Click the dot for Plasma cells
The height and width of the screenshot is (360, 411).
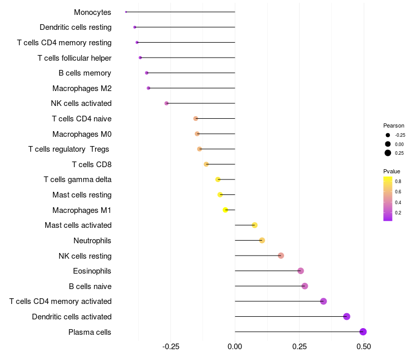[363, 332]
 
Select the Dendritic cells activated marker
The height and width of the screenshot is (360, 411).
[347, 316]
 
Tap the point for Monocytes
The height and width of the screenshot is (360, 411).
[126, 12]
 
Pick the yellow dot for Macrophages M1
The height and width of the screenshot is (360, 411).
[225, 210]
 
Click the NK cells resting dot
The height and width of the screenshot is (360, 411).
[281, 256]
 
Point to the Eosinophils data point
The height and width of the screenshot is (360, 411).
[301, 271]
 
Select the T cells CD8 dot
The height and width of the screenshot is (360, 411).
[206, 165]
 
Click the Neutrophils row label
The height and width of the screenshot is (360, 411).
[92, 240]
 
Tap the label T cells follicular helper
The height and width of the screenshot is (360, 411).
[74, 58]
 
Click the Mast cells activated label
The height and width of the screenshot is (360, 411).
[78, 225]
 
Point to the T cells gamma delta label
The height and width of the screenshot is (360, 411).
[78, 179]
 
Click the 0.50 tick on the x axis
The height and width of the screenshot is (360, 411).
[364, 347]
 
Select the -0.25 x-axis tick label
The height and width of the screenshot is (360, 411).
[171, 347]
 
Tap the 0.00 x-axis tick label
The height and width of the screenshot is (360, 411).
[235, 347]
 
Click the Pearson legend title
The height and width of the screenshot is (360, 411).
[394, 125]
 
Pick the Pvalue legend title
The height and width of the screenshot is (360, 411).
[391, 171]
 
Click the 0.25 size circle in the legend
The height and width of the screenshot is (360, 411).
[388, 153]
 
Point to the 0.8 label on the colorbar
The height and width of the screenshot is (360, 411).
[398, 182]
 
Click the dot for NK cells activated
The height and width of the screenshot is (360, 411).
[166, 103]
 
